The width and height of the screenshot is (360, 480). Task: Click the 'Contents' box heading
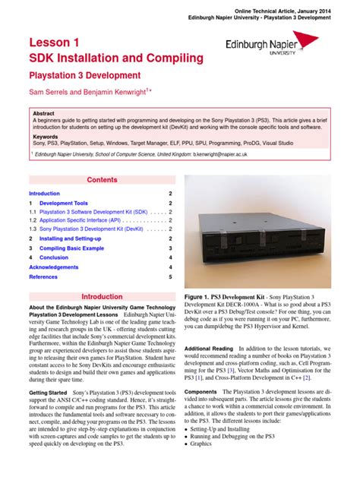102,179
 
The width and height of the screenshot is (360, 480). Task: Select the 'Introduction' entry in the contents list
44,194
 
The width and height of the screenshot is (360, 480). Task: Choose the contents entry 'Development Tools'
64,204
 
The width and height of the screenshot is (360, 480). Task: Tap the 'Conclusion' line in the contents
53,257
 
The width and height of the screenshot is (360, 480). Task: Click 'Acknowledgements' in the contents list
53,267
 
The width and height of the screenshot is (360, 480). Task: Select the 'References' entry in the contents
43,277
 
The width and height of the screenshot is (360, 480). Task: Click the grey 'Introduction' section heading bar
102,297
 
